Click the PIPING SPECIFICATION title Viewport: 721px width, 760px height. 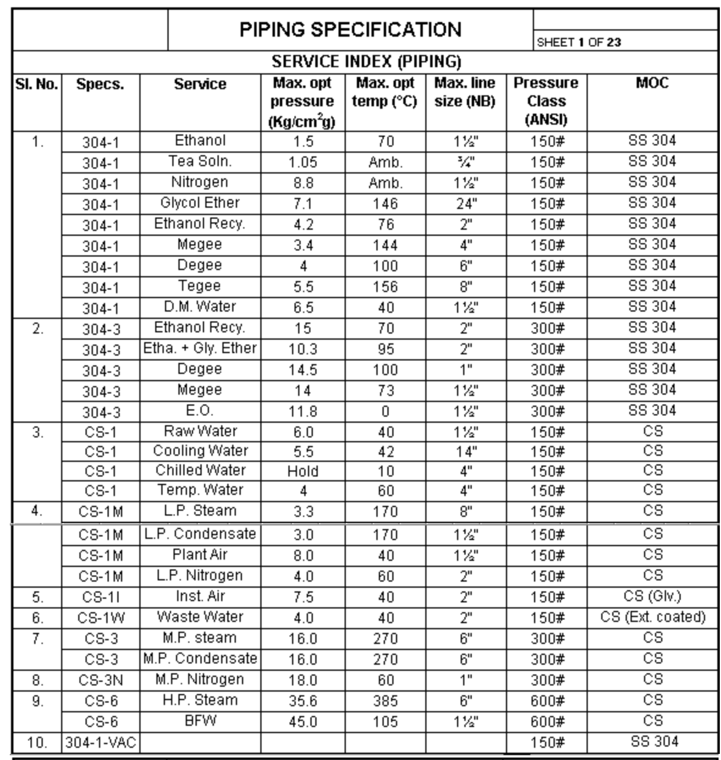click(x=350, y=29)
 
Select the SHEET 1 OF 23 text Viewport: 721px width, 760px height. click(x=579, y=42)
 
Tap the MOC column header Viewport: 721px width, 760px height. click(x=652, y=83)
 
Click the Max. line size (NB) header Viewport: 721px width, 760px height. click(x=465, y=92)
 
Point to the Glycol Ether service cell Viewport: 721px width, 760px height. click(x=200, y=203)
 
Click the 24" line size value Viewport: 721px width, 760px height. click(x=466, y=204)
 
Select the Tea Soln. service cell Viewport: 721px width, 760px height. click(x=200, y=161)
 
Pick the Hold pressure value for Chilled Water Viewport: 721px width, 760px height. click(x=302, y=471)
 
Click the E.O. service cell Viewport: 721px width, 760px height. click(x=200, y=411)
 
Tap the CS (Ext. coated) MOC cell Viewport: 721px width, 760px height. click(x=653, y=617)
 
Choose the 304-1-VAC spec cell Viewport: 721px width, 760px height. click(x=100, y=743)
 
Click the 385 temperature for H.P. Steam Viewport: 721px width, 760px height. click(x=385, y=701)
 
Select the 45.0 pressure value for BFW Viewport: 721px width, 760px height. click(x=302, y=722)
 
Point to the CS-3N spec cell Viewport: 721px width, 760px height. click(x=100, y=680)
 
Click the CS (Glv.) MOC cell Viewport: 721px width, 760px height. click(x=653, y=596)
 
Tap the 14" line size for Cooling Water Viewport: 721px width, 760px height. click(x=466, y=451)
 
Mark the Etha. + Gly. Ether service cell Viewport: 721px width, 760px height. click(x=200, y=348)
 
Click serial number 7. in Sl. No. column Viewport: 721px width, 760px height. click(x=37, y=638)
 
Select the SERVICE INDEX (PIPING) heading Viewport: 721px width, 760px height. click(x=366, y=62)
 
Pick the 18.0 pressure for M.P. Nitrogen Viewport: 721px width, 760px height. click(x=302, y=681)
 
